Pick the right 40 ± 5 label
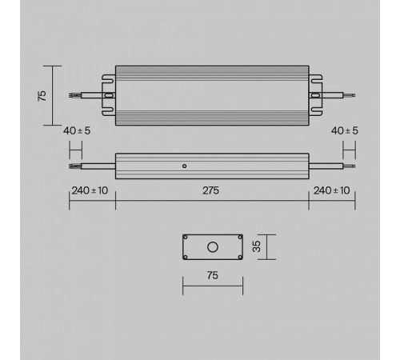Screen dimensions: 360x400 tap(345, 130)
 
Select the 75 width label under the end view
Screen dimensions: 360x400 tap(213, 275)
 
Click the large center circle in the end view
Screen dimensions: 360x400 tap(213, 246)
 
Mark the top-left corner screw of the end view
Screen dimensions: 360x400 tap(186, 238)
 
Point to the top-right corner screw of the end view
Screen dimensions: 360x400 tap(239, 238)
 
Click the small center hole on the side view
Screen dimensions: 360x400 tap(184, 166)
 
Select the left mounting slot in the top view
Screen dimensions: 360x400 tap(109, 95)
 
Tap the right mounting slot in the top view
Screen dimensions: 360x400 tap(316, 95)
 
